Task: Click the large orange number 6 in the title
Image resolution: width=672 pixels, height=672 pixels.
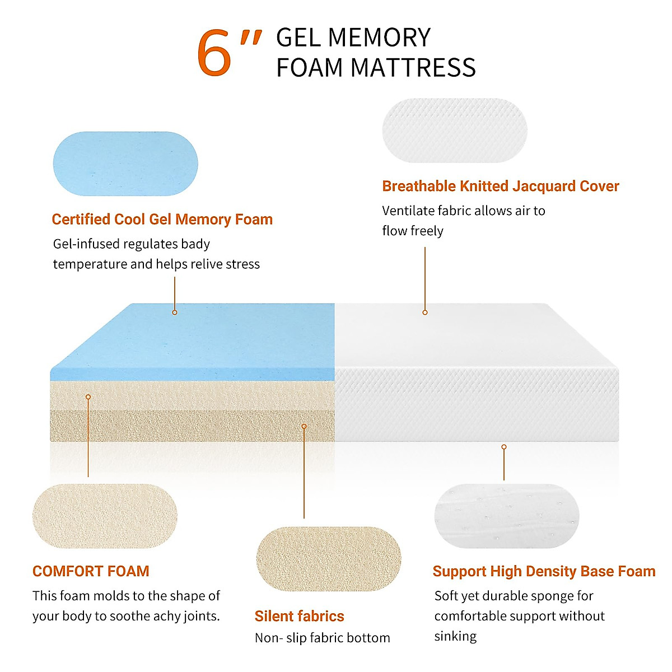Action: click(x=214, y=54)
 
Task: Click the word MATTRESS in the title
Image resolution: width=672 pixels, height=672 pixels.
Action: click(x=413, y=68)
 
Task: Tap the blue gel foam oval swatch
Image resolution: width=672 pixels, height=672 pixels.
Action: click(x=125, y=164)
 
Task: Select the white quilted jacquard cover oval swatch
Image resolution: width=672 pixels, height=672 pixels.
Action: click(x=455, y=130)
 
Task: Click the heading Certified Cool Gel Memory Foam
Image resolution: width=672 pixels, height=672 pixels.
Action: click(x=162, y=219)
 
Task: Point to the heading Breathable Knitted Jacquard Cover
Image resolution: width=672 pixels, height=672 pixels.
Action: click(x=500, y=186)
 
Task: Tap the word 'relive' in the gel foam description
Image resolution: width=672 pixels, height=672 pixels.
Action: click(x=203, y=264)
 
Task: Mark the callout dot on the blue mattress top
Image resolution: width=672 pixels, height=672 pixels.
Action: click(x=175, y=312)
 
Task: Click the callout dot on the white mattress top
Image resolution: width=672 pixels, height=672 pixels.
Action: click(x=425, y=312)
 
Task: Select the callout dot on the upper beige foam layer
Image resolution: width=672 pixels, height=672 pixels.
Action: click(x=88, y=396)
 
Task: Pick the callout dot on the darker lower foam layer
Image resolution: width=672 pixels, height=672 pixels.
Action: click(x=304, y=426)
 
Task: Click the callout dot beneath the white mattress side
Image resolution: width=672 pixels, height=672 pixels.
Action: click(x=504, y=447)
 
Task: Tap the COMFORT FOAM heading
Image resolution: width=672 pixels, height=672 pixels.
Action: click(x=91, y=571)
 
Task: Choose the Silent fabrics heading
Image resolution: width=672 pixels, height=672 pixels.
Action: click(x=299, y=616)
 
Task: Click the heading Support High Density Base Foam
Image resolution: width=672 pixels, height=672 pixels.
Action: click(x=544, y=571)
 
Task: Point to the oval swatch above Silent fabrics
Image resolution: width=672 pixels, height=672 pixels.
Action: click(x=329, y=558)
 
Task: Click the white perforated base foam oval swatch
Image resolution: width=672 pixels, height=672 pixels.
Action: click(x=507, y=516)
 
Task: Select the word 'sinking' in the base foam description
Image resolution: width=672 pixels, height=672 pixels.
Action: click(x=455, y=636)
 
